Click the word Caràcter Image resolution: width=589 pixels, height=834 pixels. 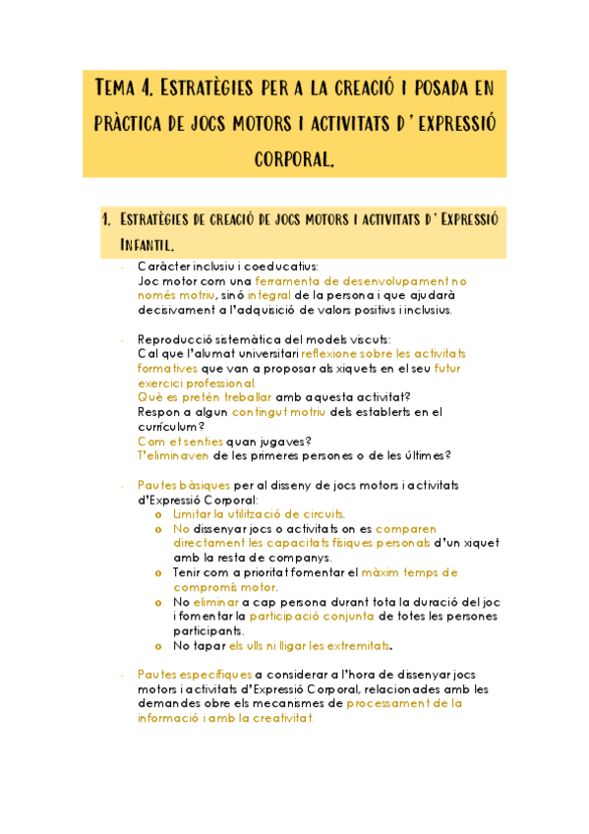click(163, 267)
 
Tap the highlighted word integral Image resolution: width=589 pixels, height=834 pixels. click(268, 295)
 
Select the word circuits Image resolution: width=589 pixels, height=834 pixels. click(317, 513)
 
